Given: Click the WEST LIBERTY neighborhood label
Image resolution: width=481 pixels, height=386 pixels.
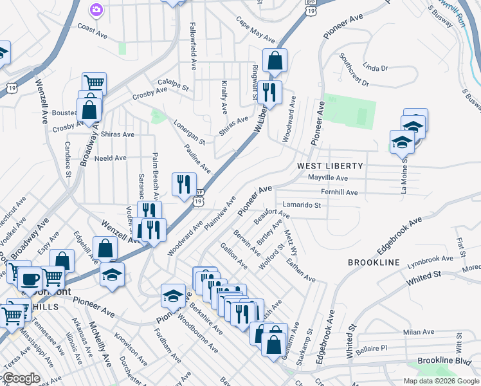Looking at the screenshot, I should (330, 166).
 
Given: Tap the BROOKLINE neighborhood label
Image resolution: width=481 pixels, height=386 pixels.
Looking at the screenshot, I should (374, 263).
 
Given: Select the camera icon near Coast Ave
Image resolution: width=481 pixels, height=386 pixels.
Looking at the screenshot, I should (96, 10).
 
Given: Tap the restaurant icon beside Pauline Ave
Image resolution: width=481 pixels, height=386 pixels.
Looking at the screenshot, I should (184, 184).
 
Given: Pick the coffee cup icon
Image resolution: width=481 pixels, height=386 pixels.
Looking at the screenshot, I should (29, 279).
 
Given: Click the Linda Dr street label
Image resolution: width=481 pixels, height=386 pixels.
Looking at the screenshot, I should (376, 68).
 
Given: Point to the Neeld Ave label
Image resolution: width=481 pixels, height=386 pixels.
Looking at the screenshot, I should (111, 158).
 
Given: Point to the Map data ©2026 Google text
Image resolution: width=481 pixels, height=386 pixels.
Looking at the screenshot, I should (440, 381).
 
